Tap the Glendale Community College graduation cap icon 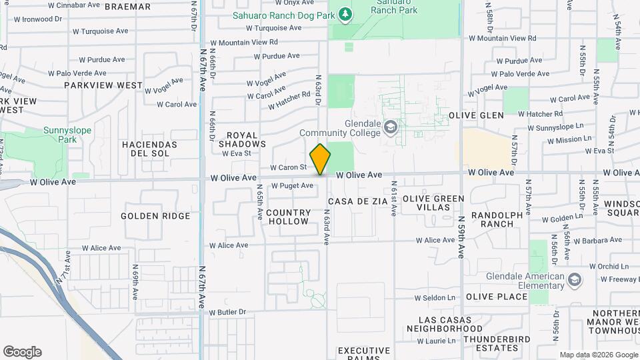point(390,127)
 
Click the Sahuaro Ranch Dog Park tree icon point(344,14)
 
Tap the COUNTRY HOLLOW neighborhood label point(288,217)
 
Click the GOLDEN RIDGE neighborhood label point(155,216)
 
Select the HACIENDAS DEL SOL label point(149,149)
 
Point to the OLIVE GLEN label point(476,115)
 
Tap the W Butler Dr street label point(227,312)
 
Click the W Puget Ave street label point(292,186)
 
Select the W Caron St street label point(288,167)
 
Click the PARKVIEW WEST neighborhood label point(103,85)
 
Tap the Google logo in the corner point(22,352)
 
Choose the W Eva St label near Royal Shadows point(236,153)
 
